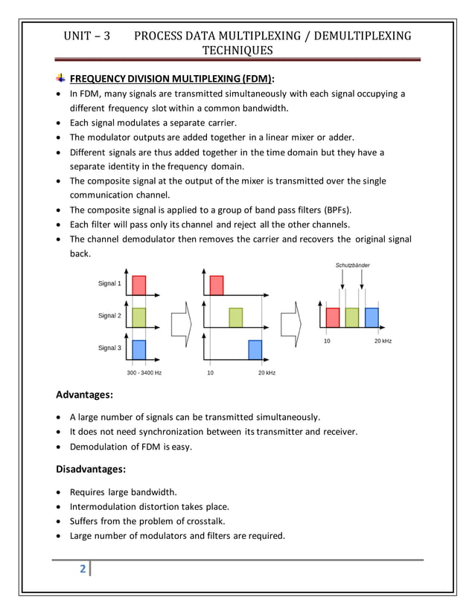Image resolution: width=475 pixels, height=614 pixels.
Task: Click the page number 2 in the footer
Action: (x=83, y=569)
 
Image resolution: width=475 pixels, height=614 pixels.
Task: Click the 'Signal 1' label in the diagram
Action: (x=109, y=284)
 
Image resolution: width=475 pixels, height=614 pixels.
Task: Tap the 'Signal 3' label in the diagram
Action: (x=109, y=348)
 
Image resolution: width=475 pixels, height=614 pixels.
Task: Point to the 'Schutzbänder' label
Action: (x=352, y=265)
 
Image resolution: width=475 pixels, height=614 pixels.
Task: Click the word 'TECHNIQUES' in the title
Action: (x=238, y=51)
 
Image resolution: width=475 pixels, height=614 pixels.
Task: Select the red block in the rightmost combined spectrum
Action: (x=333, y=317)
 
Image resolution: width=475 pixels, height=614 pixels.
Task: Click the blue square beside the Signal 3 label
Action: (x=138, y=349)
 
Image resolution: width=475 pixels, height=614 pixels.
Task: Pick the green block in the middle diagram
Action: (x=236, y=317)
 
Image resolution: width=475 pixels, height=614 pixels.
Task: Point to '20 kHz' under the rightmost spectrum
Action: (x=383, y=340)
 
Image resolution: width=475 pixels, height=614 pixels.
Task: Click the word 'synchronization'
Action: (x=182, y=432)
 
